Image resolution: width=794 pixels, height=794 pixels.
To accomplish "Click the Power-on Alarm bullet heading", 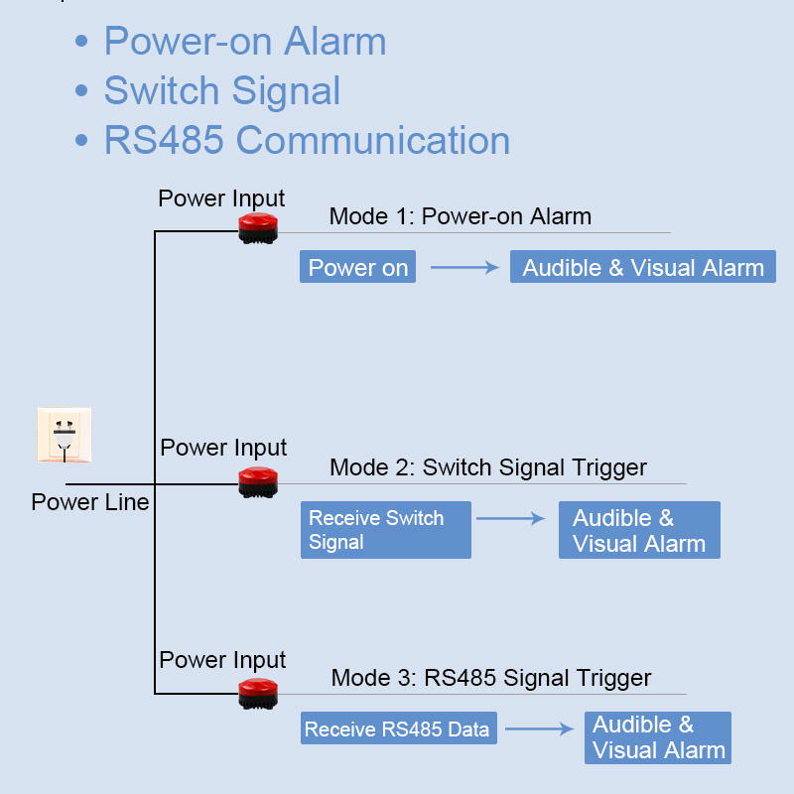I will [x=244, y=42].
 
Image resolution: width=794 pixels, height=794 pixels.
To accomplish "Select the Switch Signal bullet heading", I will [x=221, y=90].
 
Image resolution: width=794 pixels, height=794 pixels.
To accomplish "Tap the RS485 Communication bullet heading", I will [x=307, y=140].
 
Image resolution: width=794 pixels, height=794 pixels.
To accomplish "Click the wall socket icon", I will [x=65, y=435].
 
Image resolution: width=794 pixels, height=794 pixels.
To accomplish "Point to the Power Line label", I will [x=90, y=502].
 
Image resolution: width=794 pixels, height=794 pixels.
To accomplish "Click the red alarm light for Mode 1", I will [x=258, y=228].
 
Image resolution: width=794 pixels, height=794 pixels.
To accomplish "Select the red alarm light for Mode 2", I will [x=258, y=481].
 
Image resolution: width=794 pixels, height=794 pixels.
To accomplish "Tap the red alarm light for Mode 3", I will [x=258, y=693].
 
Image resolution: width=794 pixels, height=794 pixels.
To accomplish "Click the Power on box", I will [x=357, y=267].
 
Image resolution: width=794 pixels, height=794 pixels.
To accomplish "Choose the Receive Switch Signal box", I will [x=385, y=530].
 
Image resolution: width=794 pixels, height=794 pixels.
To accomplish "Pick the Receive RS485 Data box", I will [x=397, y=729].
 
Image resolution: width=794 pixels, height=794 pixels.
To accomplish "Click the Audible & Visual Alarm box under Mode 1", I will [x=642, y=267].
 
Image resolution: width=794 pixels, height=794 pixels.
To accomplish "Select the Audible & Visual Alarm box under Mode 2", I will [x=638, y=530].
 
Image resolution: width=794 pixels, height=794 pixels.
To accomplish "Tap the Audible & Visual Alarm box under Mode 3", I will [x=657, y=737].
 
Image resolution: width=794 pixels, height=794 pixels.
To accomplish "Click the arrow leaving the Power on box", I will [x=463, y=267].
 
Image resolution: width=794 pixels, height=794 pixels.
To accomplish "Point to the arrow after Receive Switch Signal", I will [x=511, y=518].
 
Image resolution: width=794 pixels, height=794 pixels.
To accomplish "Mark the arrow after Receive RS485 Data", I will [x=539, y=729].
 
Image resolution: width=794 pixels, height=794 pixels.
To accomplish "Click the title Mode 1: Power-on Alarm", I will [x=460, y=216].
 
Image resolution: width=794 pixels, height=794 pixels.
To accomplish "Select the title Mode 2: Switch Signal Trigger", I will [x=487, y=467].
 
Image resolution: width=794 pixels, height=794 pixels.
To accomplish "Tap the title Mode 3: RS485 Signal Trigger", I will [x=490, y=678].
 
